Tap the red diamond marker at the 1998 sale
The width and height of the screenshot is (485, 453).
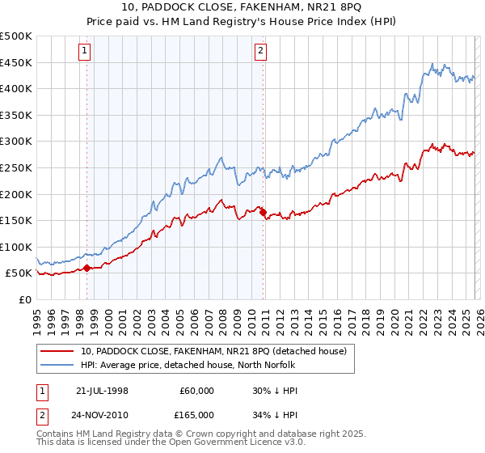click(86, 268)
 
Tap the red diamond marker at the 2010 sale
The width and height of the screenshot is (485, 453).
click(264, 212)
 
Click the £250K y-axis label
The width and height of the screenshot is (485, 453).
click(16, 167)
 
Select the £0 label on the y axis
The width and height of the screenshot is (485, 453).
click(25, 299)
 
